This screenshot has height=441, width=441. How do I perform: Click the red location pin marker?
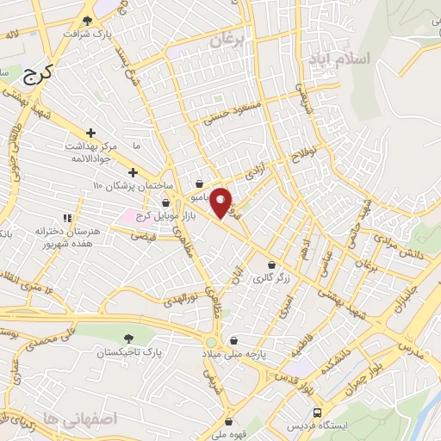click(x=221, y=202)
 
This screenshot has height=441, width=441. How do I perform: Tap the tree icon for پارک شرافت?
click(x=86, y=21)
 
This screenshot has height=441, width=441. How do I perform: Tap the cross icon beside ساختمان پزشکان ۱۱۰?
click(x=132, y=173)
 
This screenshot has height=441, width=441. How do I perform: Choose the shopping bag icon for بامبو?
click(x=200, y=183)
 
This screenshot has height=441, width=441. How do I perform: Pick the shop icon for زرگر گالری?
click(x=272, y=264)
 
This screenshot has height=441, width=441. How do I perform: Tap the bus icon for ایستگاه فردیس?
click(x=318, y=413)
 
